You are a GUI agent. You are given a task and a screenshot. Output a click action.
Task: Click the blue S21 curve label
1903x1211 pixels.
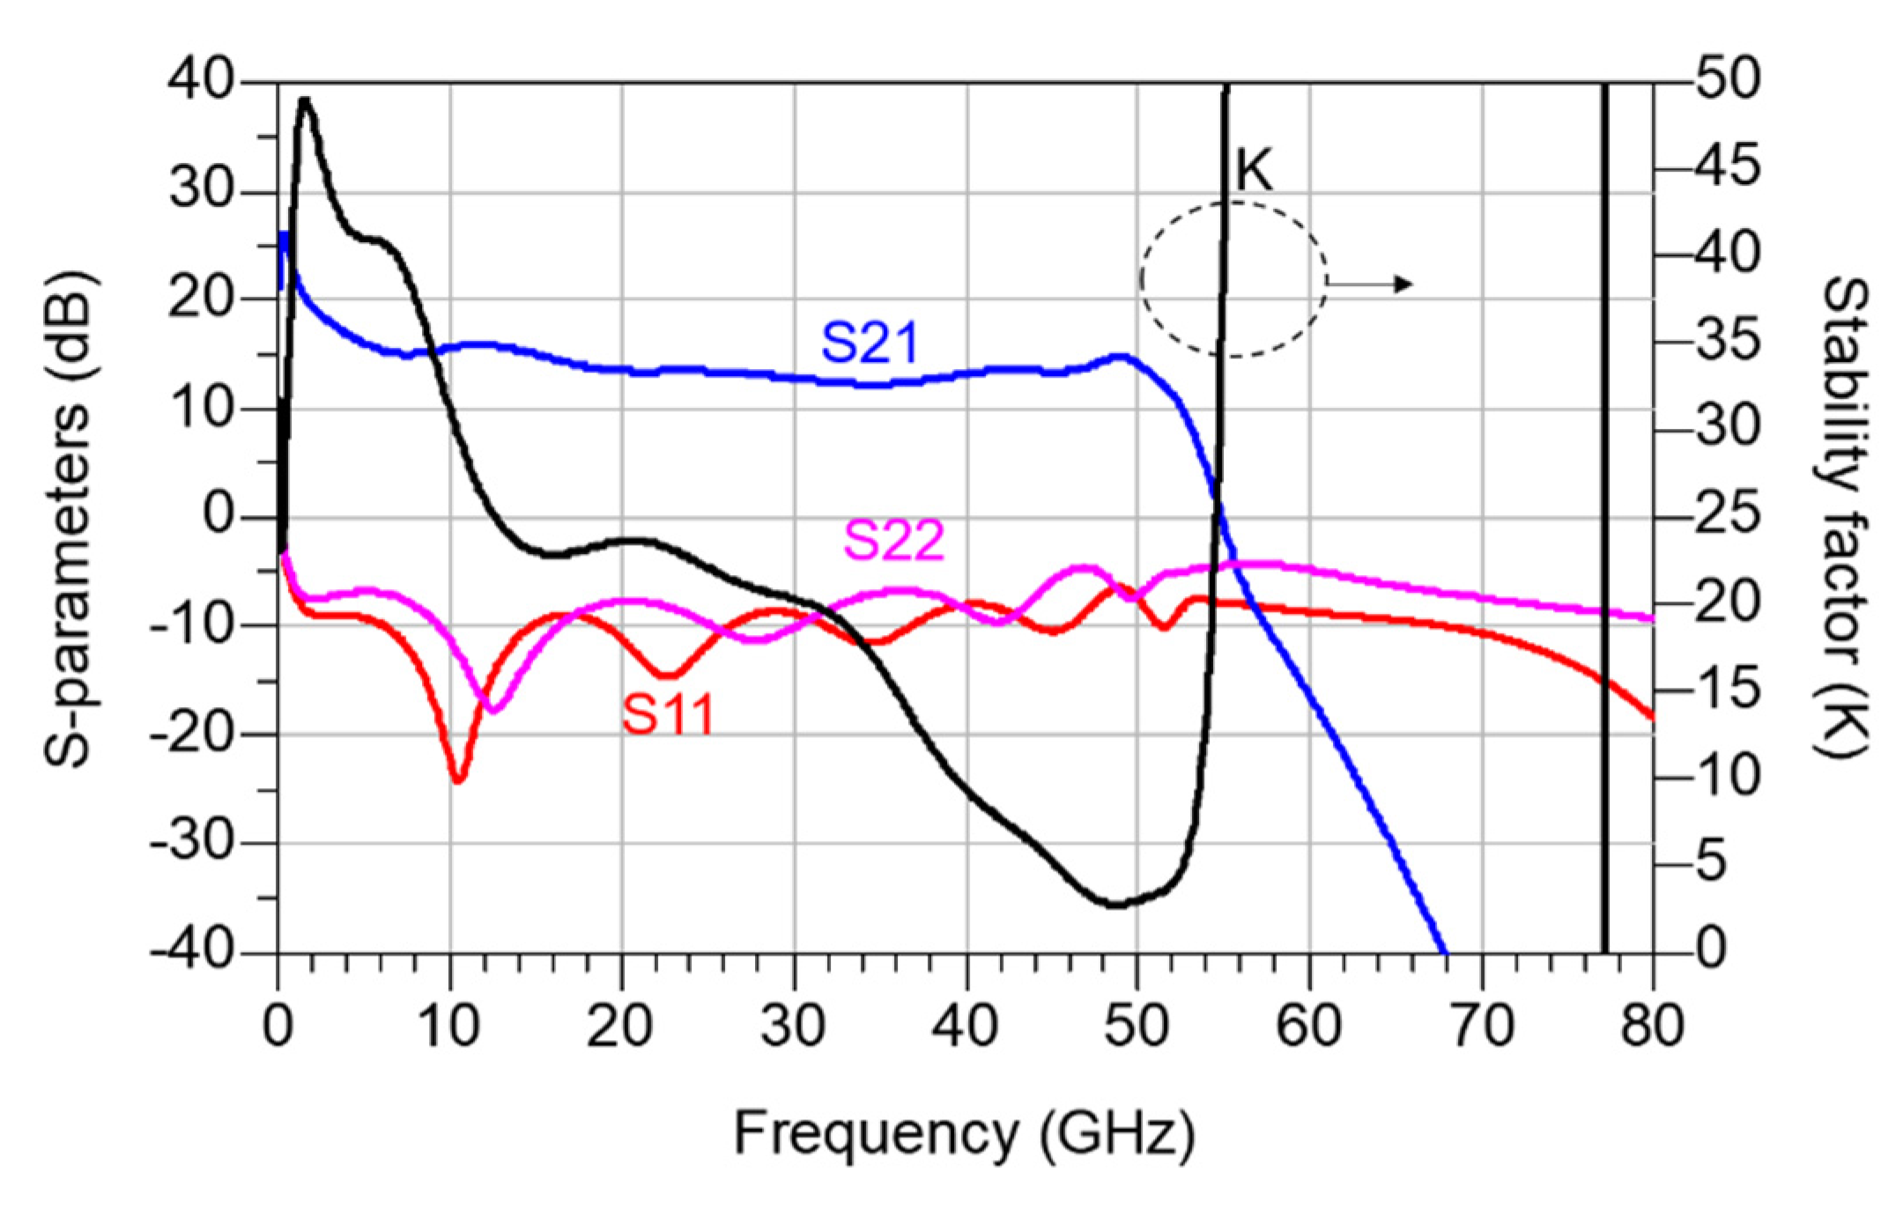870,343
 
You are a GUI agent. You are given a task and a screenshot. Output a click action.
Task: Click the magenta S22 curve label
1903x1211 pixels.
893,540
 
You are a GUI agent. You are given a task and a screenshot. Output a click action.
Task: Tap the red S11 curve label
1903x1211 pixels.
668,713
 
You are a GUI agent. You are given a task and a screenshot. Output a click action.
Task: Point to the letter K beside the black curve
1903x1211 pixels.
1254,170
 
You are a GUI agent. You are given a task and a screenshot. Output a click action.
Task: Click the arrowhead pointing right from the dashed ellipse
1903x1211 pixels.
1404,284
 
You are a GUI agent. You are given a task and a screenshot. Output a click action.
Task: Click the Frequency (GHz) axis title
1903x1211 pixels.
964,1133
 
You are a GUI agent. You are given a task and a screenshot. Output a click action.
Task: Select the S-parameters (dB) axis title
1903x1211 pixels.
69,520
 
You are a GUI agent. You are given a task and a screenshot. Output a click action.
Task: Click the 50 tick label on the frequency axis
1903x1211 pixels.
1137,1026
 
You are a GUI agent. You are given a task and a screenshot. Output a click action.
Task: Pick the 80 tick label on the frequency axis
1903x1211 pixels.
1651,1026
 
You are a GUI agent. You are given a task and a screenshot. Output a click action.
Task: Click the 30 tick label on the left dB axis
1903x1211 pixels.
201,190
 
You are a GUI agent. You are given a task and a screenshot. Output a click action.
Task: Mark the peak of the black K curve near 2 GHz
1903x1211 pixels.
305,100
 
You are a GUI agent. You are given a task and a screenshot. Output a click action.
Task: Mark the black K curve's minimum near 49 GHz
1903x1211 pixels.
1115,905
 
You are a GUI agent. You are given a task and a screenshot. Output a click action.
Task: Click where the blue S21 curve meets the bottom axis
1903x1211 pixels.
1445,952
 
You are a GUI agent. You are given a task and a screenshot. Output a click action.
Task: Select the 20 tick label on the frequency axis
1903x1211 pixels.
620,1026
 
